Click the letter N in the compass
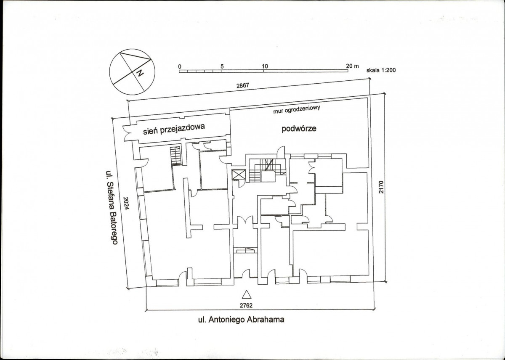click(x=140, y=73)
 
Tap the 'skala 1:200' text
click(x=381, y=70)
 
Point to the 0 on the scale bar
click(x=180, y=67)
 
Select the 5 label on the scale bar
click(x=222, y=66)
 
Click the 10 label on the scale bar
click(x=265, y=66)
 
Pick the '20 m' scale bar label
click(x=352, y=66)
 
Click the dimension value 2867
click(x=242, y=86)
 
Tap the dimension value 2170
click(x=381, y=187)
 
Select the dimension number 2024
click(x=126, y=203)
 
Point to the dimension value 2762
click(x=246, y=306)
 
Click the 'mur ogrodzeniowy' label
click(x=297, y=109)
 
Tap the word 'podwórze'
click(x=299, y=129)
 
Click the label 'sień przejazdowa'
click(x=174, y=129)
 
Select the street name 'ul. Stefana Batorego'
click(x=112, y=207)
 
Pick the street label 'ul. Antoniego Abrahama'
click(x=241, y=320)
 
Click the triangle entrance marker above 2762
click(x=247, y=294)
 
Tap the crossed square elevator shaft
click(x=238, y=175)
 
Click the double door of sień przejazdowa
click(x=128, y=133)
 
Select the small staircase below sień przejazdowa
click(x=175, y=156)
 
